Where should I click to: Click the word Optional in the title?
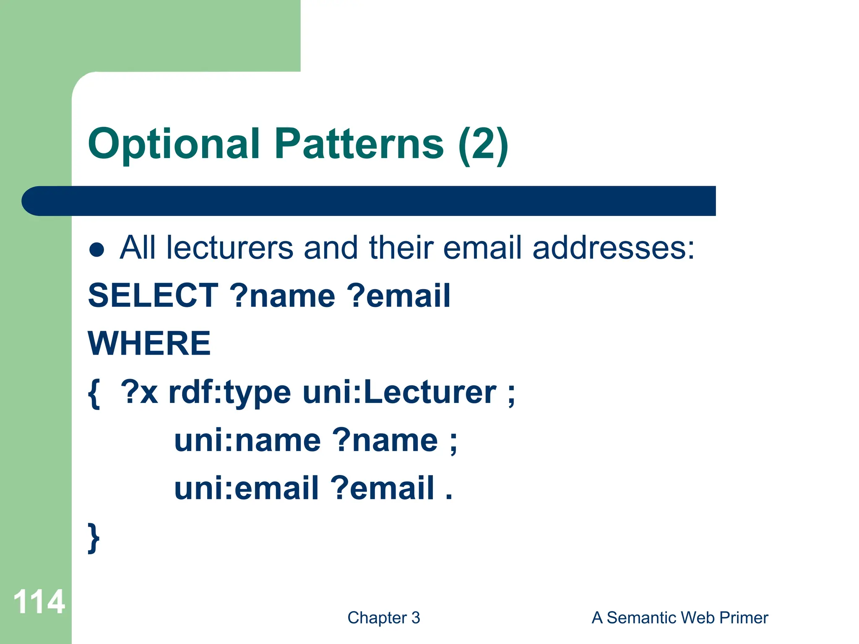(x=174, y=145)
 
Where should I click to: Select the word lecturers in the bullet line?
(x=229, y=248)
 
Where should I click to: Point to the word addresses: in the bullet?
(x=613, y=248)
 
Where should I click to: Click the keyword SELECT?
(x=153, y=296)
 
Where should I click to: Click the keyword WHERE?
(x=149, y=343)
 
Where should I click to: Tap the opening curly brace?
(x=94, y=393)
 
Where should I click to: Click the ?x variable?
(x=139, y=393)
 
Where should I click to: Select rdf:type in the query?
(x=229, y=393)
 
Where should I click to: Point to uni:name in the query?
(x=247, y=441)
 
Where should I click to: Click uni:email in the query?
(x=246, y=489)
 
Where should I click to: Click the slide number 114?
(x=39, y=602)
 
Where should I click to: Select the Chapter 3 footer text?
(x=383, y=618)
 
